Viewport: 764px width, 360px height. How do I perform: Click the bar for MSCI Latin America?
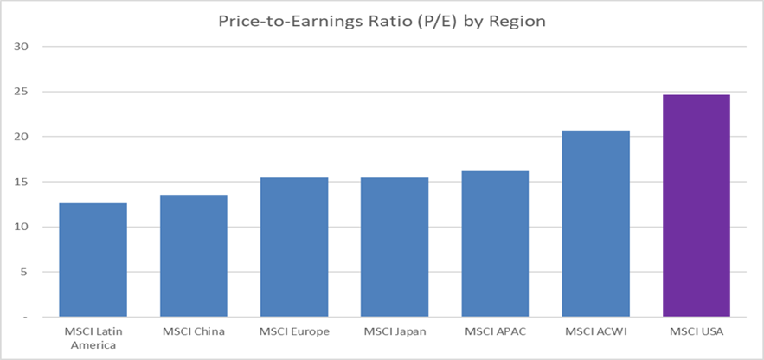(x=93, y=260)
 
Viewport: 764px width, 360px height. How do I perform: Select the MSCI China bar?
(x=194, y=255)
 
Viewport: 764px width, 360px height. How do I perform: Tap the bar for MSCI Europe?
(x=294, y=247)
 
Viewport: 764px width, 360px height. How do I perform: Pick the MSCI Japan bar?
(x=395, y=247)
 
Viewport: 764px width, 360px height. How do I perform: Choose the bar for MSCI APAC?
(x=495, y=243)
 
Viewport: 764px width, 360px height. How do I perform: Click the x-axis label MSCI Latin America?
(x=93, y=337)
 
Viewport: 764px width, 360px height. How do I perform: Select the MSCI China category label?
(x=194, y=331)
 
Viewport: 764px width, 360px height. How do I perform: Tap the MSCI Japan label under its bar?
(x=395, y=331)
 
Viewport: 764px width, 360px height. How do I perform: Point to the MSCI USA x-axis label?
(x=697, y=331)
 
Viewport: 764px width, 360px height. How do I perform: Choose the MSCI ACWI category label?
(x=595, y=331)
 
